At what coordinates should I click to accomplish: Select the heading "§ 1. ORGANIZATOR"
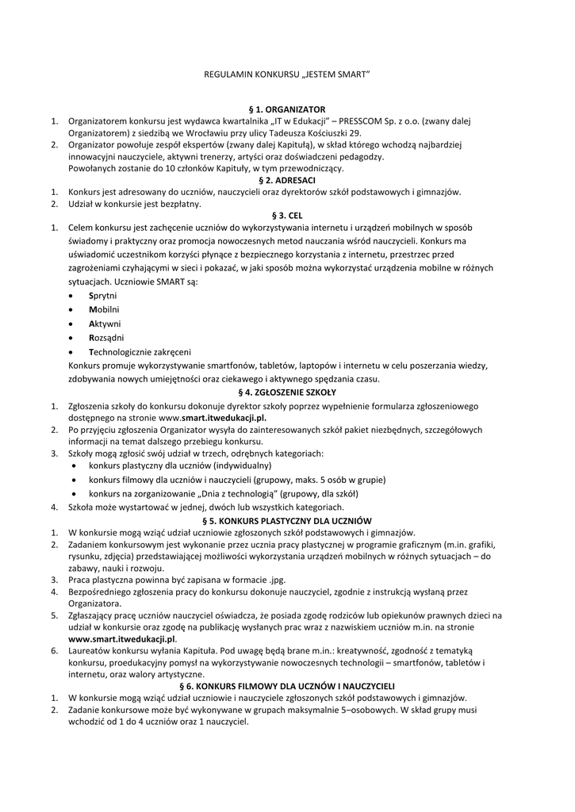[287, 109]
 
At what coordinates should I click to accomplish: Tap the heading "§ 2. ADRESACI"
[287, 180]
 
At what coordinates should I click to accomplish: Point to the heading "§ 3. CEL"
[287, 215]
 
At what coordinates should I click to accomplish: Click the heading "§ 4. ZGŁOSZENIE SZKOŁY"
[287, 392]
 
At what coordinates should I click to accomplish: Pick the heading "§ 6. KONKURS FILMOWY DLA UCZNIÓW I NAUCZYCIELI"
[287, 684]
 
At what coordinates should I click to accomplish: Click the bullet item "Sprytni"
[102, 295]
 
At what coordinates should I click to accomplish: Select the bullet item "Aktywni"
[105, 324]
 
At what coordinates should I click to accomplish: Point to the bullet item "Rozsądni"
[106, 337]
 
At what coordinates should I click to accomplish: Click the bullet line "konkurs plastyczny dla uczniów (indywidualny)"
[180, 465]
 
